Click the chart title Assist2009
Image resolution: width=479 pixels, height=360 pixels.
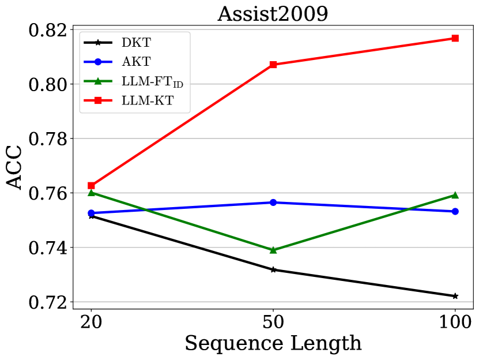[x=273, y=13]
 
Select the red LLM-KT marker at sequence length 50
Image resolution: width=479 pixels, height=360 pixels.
[x=273, y=65]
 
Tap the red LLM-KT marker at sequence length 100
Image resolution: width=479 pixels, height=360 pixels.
[x=455, y=39]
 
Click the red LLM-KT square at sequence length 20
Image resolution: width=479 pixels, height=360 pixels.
[x=91, y=186]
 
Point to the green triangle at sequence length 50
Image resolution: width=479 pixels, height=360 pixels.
[x=273, y=250]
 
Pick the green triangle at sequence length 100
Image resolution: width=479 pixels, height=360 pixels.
[x=455, y=195]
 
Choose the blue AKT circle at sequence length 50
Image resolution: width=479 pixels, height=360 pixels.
[x=273, y=202]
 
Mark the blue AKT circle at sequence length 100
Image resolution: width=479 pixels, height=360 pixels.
[x=455, y=211]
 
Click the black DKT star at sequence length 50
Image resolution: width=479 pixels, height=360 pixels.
[x=273, y=269]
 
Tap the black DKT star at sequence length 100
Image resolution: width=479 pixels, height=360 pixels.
[x=455, y=296]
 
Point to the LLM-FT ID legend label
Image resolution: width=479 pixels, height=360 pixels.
[x=152, y=82]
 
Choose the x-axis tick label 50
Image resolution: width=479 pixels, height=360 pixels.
[x=273, y=321]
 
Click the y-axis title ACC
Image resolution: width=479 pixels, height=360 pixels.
[x=16, y=166]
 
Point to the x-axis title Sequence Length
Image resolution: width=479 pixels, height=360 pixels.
[x=273, y=343]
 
